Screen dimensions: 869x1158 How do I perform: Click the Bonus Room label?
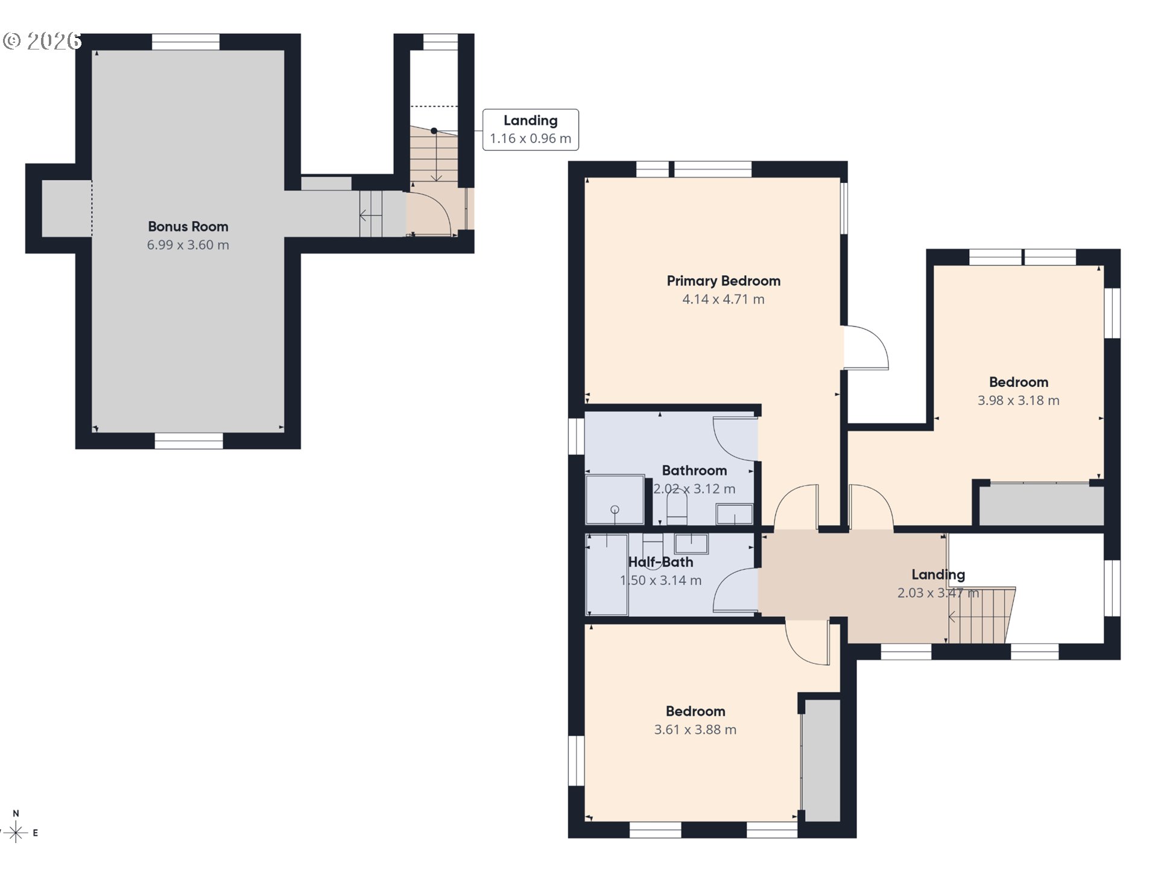[x=188, y=226]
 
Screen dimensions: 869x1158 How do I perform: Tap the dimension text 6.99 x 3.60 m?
[x=188, y=245]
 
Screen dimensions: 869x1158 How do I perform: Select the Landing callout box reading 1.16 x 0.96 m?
[x=530, y=130]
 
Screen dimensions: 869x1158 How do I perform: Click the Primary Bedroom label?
[x=723, y=281]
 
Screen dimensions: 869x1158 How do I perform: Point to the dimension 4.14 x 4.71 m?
[x=723, y=299]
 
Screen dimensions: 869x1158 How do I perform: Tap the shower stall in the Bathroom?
[x=615, y=500]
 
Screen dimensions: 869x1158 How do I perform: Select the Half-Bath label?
[x=660, y=562]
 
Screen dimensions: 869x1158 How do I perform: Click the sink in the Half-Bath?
[x=691, y=543]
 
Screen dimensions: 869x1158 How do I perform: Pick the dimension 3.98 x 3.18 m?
[x=1018, y=401]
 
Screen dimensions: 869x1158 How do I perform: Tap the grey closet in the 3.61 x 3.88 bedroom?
[x=822, y=760]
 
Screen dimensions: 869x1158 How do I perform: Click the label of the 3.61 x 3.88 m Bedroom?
[x=695, y=711]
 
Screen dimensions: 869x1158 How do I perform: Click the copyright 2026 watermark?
[x=42, y=41]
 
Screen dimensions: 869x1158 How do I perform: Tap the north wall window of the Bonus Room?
[x=186, y=42]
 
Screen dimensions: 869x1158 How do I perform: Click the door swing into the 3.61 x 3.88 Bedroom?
[x=807, y=643]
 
